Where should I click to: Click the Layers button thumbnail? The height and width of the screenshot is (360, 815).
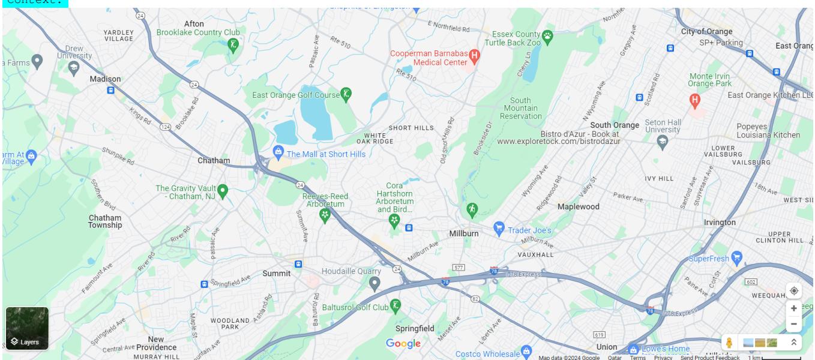coord(27,328)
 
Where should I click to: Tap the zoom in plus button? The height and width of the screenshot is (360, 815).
coord(793,308)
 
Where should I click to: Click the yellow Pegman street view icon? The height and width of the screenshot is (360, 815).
coord(729,343)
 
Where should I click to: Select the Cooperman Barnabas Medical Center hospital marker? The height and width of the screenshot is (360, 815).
coord(474,57)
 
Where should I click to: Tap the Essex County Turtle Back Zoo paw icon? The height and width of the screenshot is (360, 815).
coord(547,38)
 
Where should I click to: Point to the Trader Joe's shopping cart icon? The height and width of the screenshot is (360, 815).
coord(499,229)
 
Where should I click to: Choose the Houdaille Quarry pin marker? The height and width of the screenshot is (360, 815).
coord(374,283)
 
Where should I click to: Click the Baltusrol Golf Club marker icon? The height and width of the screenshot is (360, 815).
coord(395,305)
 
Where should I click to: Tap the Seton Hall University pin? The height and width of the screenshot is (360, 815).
coord(663,142)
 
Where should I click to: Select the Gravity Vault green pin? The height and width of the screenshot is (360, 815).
coord(223,191)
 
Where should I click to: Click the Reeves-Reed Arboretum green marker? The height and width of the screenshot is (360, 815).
coord(325,214)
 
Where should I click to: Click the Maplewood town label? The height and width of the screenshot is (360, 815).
coord(578,206)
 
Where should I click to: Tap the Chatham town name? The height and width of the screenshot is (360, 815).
coord(213,160)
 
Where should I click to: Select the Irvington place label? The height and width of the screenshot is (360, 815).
coord(719,222)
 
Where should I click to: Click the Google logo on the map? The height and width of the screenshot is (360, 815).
coord(403,344)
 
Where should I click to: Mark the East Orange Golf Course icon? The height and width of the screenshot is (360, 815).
coord(346,94)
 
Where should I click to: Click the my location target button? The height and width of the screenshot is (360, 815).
coord(793,290)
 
